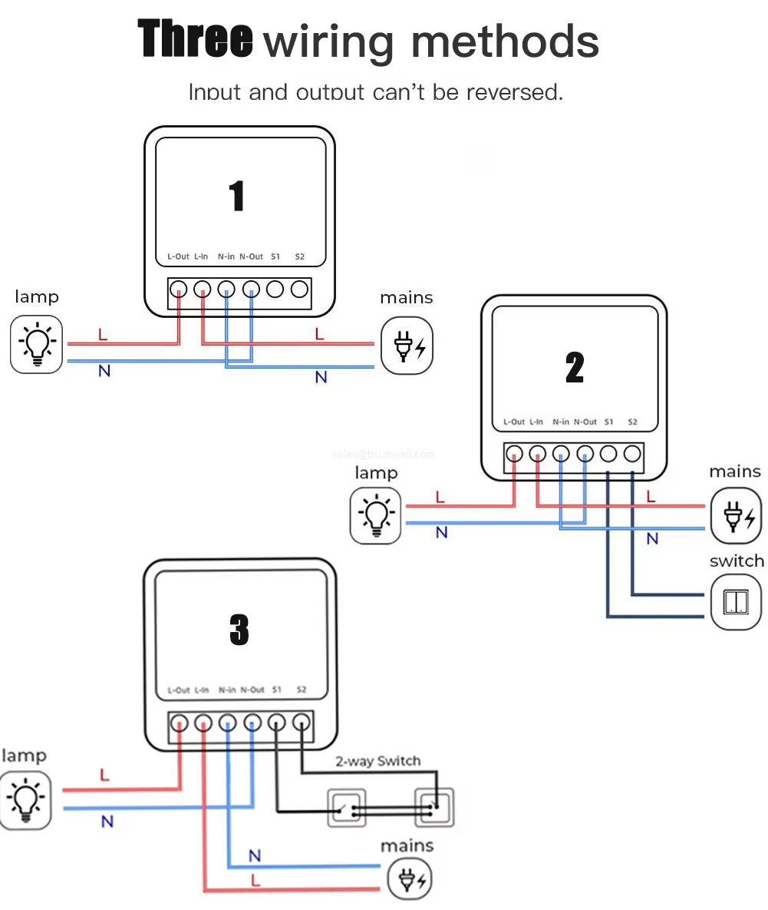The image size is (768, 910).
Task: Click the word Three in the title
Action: point(196,39)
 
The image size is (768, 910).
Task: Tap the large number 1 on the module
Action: point(237,196)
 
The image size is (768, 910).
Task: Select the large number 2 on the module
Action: point(575,368)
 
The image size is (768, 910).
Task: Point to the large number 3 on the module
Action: point(239,630)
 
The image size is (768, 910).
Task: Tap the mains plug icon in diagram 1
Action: point(407,347)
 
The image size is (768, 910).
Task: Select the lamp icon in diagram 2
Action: point(376,515)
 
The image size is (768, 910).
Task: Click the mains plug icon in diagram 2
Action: point(736,515)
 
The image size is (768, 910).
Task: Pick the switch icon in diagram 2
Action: point(736,602)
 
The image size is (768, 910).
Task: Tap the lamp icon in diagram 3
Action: point(25,802)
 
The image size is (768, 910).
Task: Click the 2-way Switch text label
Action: point(377,761)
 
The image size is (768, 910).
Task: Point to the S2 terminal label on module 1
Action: point(299,256)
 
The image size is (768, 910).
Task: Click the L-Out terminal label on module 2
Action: point(514,422)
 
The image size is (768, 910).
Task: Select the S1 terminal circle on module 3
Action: point(277,723)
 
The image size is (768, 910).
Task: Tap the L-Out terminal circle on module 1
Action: point(178,290)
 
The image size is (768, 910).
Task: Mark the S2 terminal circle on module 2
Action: point(632,454)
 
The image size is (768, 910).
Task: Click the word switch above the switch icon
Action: point(737,561)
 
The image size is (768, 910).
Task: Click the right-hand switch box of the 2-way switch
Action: point(435,807)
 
